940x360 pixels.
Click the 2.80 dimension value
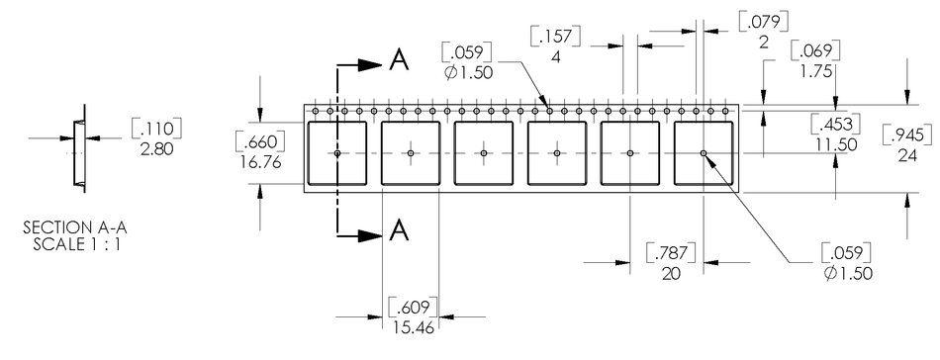click(x=156, y=146)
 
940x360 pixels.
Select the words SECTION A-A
click(x=75, y=228)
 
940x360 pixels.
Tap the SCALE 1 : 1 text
click(x=75, y=243)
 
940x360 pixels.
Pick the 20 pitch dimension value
click(x=670, y=274)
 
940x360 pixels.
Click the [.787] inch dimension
click(x=670, y=254)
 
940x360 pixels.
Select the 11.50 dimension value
click(x=833, y=143)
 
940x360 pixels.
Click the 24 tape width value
click(x=908, y=155)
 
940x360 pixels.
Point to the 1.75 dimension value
click(x=815, y=71)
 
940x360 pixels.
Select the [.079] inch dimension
click(x=761, y=22)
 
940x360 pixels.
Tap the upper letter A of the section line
click(x=399, y=61)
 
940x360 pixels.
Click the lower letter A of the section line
click(x=399, y=230)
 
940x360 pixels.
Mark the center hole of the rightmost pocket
click(x=704, y=153)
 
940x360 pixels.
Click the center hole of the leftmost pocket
click(x=337, y=153)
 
